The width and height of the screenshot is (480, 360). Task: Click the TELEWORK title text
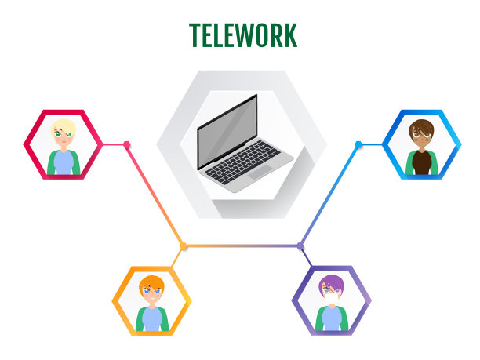click(x=243, y=35)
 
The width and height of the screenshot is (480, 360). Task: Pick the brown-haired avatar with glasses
click(x=421, y=144)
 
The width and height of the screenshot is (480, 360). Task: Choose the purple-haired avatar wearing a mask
click(x=331, y=300)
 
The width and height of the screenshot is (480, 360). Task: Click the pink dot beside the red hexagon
click(x=127, y=144)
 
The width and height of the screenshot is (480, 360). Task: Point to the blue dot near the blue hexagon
click(x=358, y=144)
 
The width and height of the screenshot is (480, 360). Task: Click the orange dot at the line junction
click(x=184, y=246)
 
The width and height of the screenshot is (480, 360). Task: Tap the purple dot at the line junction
click(x=300, y=246)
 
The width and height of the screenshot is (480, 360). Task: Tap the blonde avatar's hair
click(x=63, y=126)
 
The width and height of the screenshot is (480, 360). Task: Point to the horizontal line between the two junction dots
click(x=242, y=246)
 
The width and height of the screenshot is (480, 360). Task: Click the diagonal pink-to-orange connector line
click(x=155, y=196)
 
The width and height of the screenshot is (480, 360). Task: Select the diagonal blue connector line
click(x=329, y=196)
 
